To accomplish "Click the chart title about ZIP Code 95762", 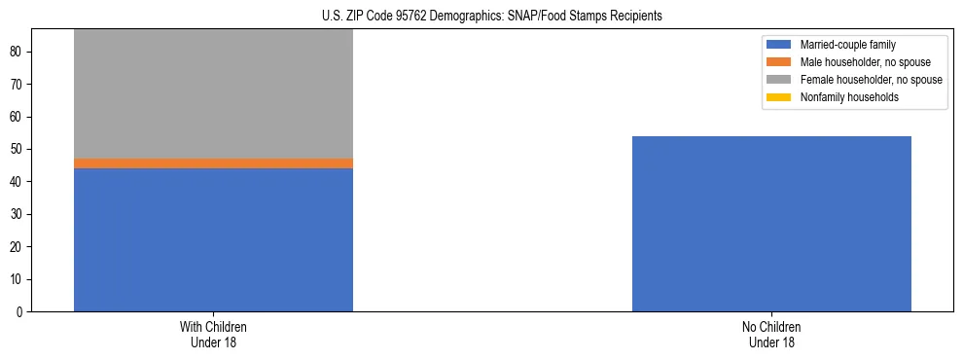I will [491, 16].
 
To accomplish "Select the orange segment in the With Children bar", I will [213, 163].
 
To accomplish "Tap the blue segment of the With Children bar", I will [213, 239].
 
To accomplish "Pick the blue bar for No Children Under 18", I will [771, 224].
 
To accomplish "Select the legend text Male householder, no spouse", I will [859, 62].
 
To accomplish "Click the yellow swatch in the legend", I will [779, 97].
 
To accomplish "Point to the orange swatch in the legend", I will [779, 62].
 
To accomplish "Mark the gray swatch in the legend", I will [779, 80].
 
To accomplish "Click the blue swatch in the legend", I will [779, 45].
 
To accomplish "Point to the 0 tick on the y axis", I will [21, 311].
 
